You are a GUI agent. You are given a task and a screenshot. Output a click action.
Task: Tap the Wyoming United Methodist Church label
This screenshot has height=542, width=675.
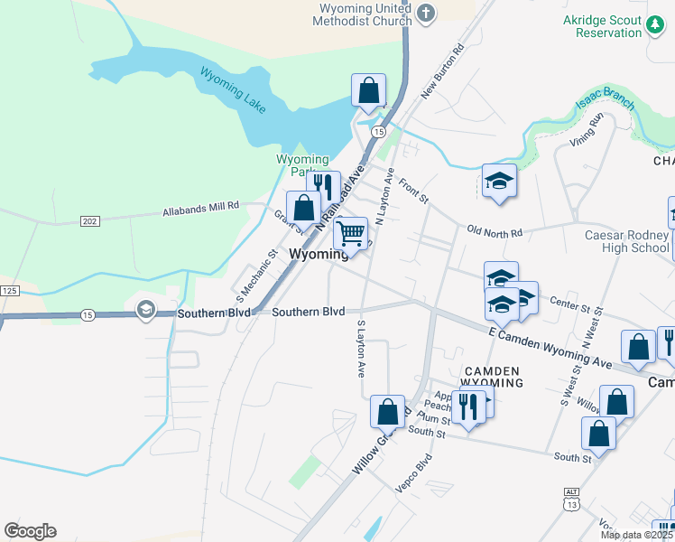coord(365,15)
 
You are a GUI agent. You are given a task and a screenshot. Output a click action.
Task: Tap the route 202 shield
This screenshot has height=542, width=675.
coord(89,221)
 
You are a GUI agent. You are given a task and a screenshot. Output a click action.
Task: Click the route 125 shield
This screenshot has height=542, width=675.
coord(9,291)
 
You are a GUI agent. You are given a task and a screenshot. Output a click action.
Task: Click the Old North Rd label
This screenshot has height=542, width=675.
coord(495,232)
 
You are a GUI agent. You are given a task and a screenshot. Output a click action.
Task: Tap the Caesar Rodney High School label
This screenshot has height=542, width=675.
coord(624,241)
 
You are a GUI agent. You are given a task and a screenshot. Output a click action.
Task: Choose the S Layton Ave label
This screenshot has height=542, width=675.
coord(361,349)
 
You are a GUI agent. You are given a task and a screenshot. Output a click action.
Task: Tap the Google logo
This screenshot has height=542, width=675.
coord(30,531)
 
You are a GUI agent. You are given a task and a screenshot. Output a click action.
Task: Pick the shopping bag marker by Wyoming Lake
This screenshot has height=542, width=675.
coord(368,90)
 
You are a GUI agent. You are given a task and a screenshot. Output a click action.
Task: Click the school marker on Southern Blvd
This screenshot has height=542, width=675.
coord(144,310)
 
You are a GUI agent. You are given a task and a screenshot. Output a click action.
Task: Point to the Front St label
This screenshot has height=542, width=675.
coord(413,192)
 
